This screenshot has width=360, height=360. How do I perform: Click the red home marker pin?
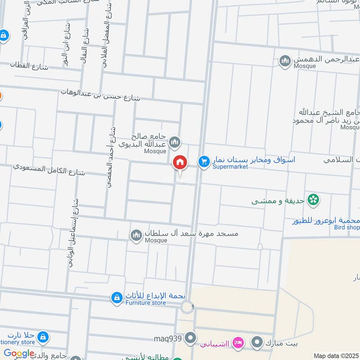[180, 162]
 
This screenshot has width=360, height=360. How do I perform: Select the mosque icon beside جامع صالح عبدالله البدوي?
[175, 143]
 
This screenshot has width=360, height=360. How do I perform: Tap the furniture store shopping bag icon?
[117, 297]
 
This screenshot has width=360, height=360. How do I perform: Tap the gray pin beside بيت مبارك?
[257, 343]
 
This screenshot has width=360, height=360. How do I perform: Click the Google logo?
[19, 354]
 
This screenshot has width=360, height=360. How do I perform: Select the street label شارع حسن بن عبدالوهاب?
[101, 94]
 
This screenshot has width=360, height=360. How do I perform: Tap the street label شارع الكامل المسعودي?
[49, 170]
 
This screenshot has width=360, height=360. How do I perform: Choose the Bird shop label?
[347, 228]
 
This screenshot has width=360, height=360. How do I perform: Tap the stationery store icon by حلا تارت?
[43, 337]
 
